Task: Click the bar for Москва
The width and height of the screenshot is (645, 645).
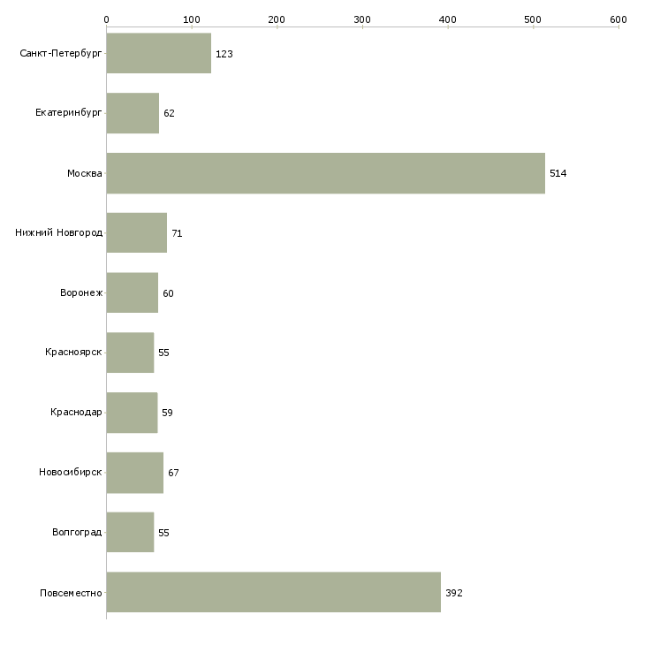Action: (x=326, y=173)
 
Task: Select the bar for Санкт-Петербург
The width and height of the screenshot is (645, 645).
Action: (x=159, y=54)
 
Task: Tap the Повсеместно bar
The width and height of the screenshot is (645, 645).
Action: (x=274, y=592)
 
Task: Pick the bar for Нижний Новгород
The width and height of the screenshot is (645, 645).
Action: (x=137, y=233)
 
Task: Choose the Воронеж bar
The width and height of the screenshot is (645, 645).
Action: (x=132, y=292)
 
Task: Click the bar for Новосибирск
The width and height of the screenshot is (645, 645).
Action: (x=135, y=473)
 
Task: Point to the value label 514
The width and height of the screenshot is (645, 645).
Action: (x=558, y=173)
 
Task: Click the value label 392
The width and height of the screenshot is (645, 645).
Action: (x=454, y=593)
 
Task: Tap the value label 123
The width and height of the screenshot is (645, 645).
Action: (x=224, y=54)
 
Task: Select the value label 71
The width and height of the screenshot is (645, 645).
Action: (x=177, y=233)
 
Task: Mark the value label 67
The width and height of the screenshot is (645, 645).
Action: (x=173, y=473)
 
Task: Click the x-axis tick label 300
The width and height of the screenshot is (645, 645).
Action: (x=362, y=19)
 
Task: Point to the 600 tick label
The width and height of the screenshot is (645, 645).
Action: (x=618, y=19)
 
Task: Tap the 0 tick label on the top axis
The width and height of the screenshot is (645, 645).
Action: (x=107, y=19)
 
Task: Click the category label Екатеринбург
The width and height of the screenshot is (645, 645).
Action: (x=68, y=113)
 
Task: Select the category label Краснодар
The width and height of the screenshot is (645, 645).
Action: (x=76, y=412)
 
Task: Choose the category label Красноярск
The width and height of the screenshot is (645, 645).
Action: (x=73, y=353)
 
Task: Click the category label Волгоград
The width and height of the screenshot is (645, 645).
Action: (x=77, y=532)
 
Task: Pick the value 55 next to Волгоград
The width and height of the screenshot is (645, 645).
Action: (x=163, y=533)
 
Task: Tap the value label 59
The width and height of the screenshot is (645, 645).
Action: (x=167, y=413)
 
